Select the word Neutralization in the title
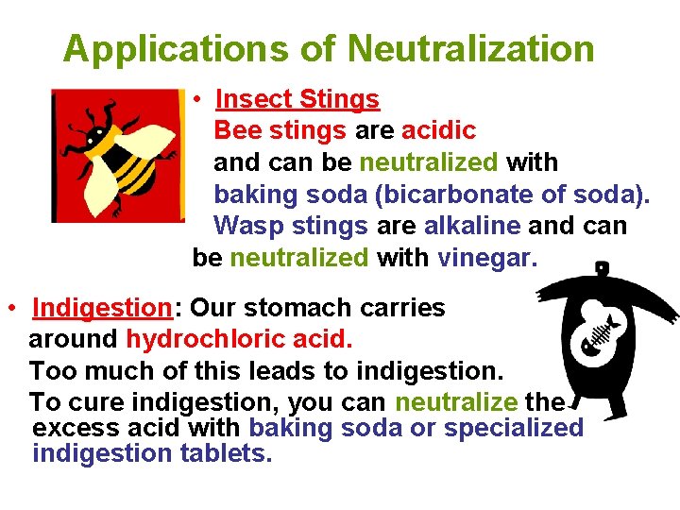[x=472, y=48]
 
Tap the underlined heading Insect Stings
[x=297, y=99]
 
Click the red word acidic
[x=438, y=130]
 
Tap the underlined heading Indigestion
[x=100, y=308]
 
